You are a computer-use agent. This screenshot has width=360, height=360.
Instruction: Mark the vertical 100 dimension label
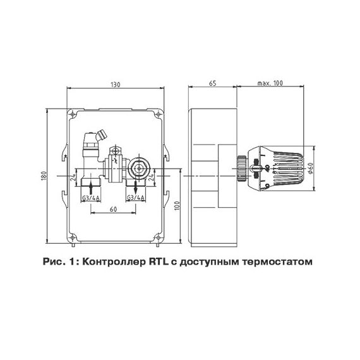tap(177, 205)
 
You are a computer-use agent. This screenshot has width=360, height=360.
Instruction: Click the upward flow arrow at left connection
tap(92, 187)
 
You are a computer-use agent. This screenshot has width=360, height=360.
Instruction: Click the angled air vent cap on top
tap(97, 136)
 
